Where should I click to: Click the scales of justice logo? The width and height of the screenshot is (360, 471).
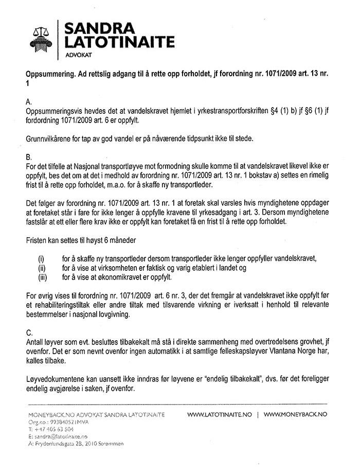pyautogui.click(x=43, y=37)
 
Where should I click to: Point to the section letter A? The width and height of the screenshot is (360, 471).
pyautogui.click(x=29, y=102)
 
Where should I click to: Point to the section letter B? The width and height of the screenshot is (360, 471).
pyautogui.click(x=29, y=156)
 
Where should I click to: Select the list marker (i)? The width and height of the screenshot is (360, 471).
pyautogui.click(x=42, y=258)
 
